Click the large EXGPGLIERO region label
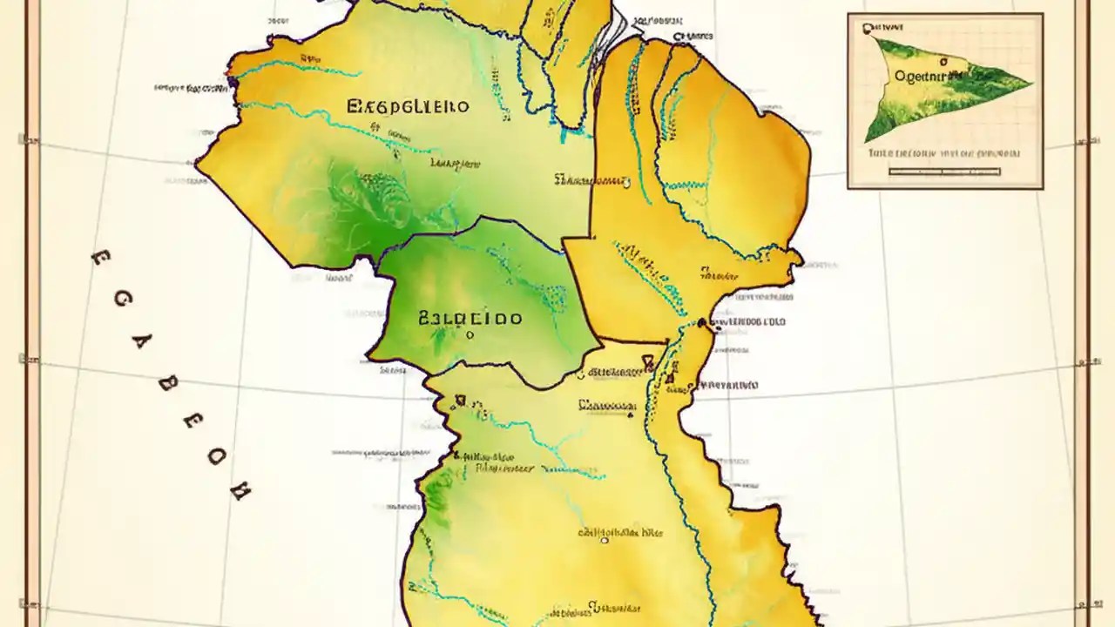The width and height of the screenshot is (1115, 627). [x=408, y=107]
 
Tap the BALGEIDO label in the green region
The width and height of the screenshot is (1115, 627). [x=470, y=318]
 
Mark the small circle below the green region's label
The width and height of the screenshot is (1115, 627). [x=470, y=334]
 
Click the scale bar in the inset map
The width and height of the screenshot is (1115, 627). [x=944, y=172]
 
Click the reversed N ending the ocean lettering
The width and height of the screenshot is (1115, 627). [x=239, y=492]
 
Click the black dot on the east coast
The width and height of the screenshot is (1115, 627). [x=702, y=324]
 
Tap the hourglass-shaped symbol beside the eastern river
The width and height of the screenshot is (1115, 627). [x=649, y=361]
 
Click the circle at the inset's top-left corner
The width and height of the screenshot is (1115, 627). [x=867, y=29]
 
